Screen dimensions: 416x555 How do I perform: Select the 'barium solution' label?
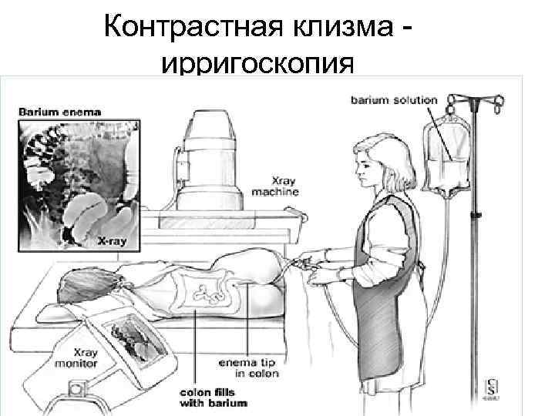[394, 100]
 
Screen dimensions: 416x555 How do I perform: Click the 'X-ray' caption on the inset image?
[112, 241]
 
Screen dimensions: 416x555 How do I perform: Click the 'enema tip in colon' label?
[250, 367]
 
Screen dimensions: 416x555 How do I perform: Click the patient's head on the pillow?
[81, 285]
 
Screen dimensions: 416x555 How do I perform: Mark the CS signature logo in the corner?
[491, 387]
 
